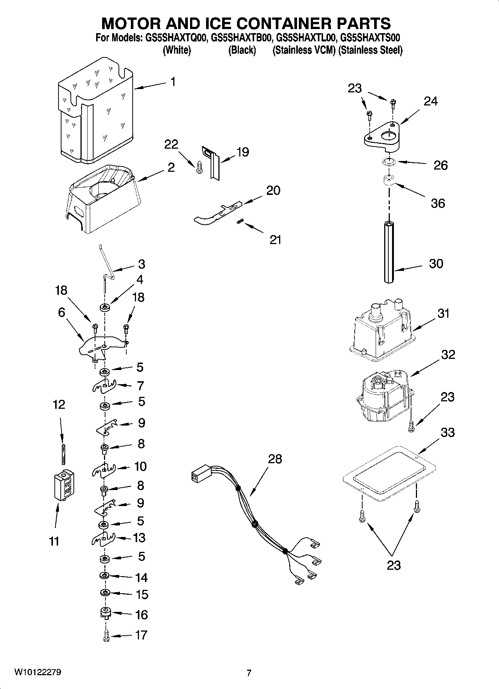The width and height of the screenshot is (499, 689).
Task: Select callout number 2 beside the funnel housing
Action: coord(171,167)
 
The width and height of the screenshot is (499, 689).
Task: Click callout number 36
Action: coord(438,203)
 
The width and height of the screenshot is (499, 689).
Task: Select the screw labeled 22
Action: coord(198,167)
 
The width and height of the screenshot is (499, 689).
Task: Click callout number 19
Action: coord(243,152)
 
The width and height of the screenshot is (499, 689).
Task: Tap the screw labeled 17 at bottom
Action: coord(105,636)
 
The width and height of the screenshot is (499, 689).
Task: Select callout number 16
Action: coord(142,614)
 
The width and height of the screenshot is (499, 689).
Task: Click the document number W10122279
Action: coord(38,672)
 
